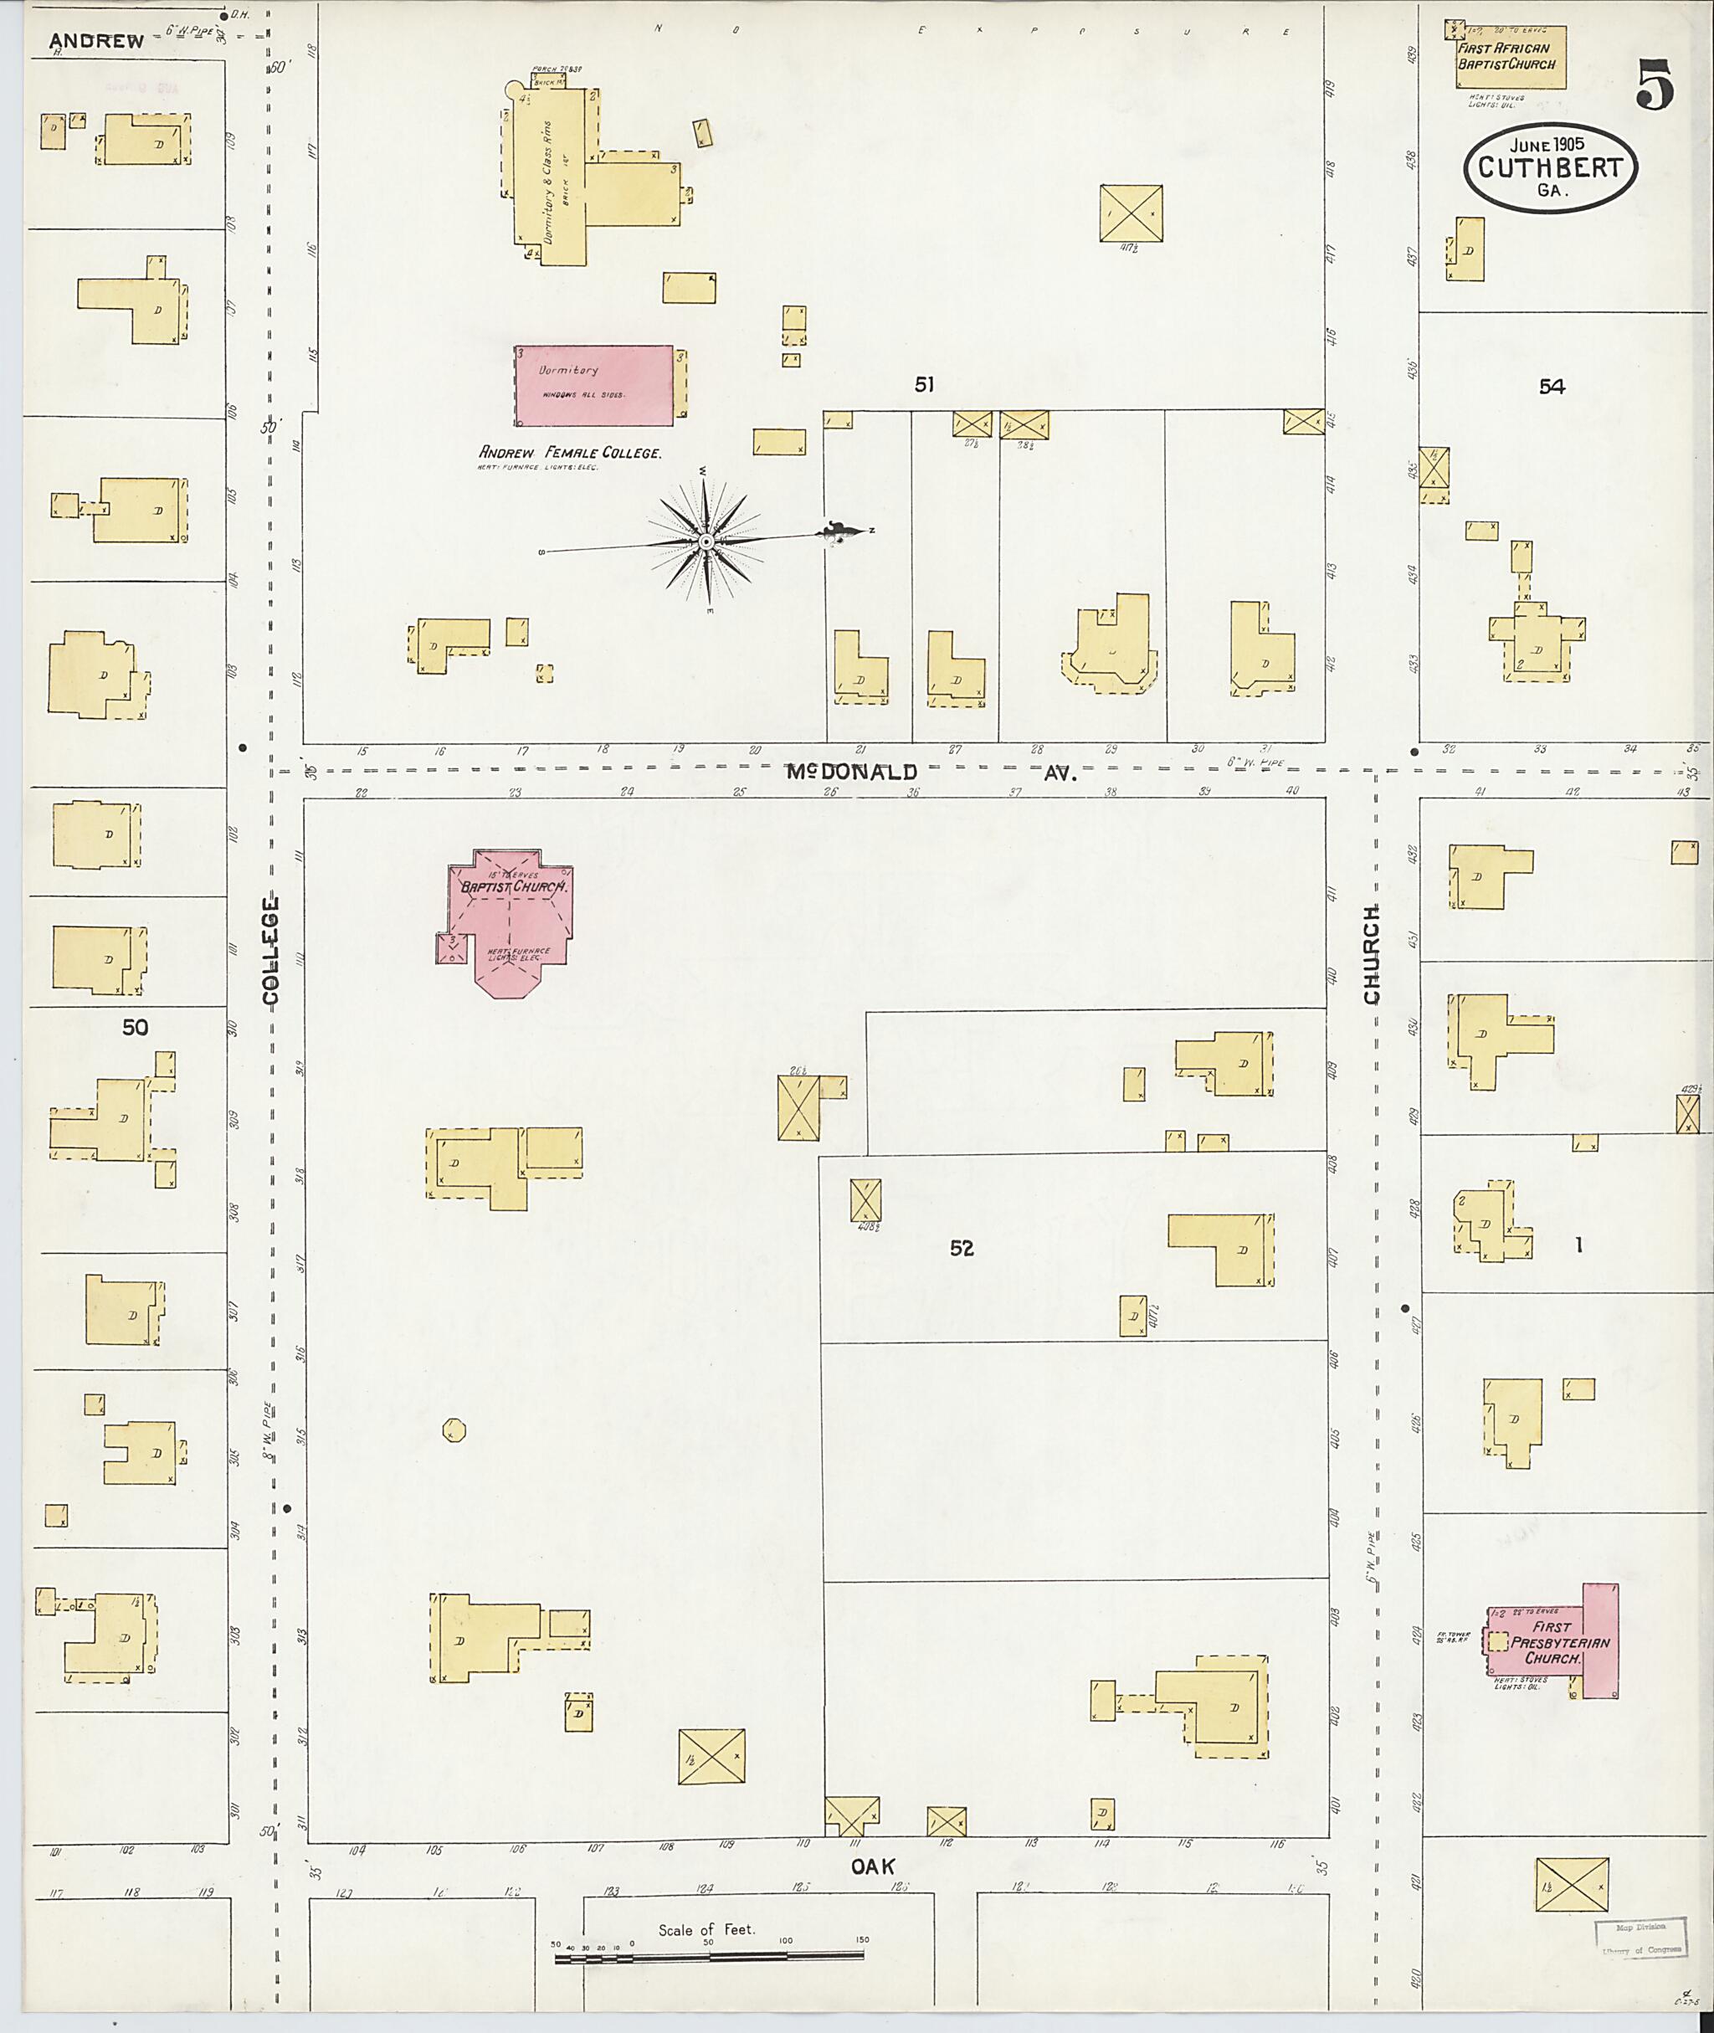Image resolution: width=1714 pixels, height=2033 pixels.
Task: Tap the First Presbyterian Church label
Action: [1552, 1643]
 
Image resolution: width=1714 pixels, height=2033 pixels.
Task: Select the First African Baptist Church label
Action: [1505, 56]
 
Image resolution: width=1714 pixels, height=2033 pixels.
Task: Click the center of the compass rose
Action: [706, 542]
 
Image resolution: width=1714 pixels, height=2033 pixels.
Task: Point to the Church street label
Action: [1371, 954]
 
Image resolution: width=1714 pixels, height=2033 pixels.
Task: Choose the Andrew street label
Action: [96, 41]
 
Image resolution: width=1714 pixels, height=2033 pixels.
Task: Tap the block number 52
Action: [961, 1248]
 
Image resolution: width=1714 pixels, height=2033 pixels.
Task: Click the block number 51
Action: [924, 385]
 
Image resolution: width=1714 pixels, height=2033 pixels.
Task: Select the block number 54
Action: [1552, 387]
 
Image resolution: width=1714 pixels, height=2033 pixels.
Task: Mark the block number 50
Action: [135, 1027]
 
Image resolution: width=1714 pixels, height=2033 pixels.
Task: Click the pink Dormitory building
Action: [593, 386]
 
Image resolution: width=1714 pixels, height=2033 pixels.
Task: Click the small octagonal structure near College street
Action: [454, 1429]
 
